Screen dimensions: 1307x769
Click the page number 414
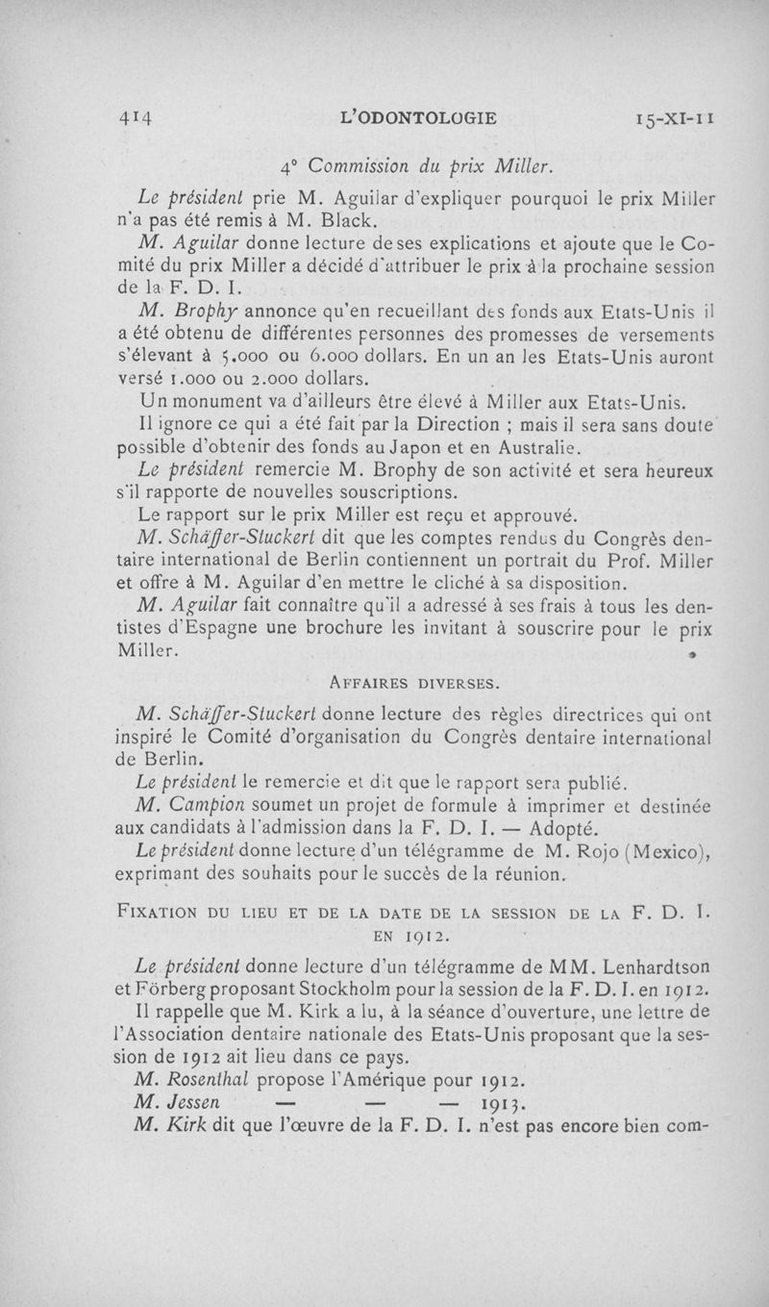138,119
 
